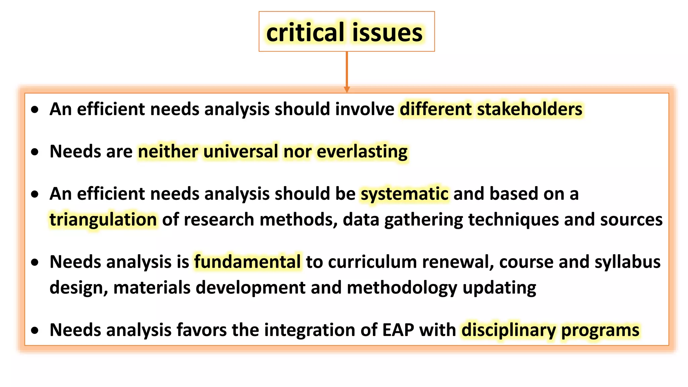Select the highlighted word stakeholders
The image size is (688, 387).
point(529,109)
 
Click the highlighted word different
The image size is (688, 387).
point(435,109)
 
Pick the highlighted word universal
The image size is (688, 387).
point(241,151)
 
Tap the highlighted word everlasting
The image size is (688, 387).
point(362,152)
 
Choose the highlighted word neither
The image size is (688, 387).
point(168,151)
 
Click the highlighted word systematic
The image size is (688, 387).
point(404,194)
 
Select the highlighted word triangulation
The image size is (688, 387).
point(103,220)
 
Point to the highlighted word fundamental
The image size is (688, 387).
point(248,262)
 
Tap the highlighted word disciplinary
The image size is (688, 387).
point(509,330)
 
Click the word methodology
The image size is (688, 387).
point(402,288)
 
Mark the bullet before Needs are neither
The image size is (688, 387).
point(35,152)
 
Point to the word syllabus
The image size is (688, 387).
point(627,262)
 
